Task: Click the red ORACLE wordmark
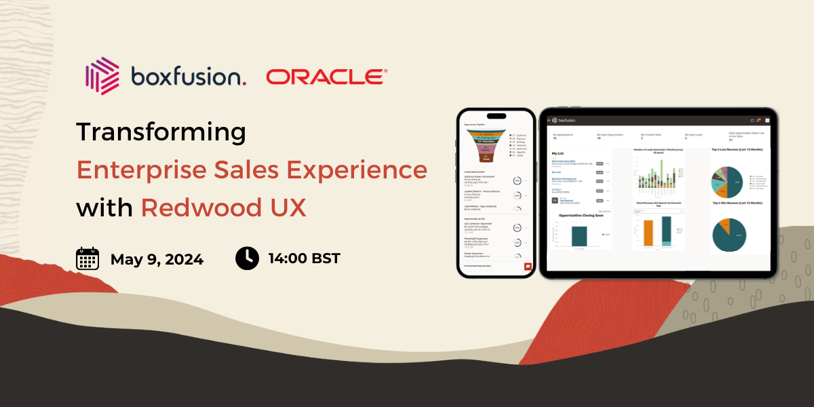point(326,77)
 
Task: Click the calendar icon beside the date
point(88,259)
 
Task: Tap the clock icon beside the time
point(247,258)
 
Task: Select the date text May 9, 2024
point(157,259)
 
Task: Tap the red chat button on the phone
point(527,267)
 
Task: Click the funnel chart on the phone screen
point(486,146)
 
